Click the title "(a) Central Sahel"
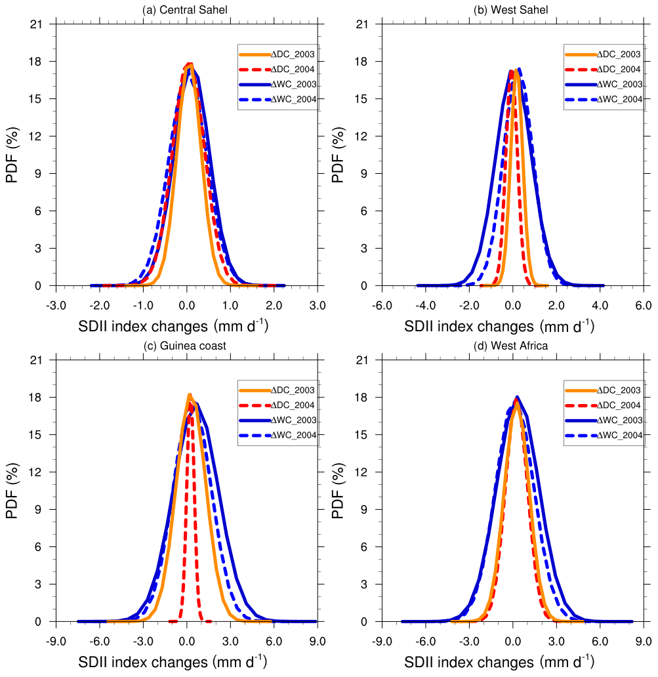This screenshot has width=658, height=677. (187, 10)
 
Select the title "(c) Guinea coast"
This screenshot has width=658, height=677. (187, 346)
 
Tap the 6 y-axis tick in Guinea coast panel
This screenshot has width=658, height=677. (41, 547)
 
